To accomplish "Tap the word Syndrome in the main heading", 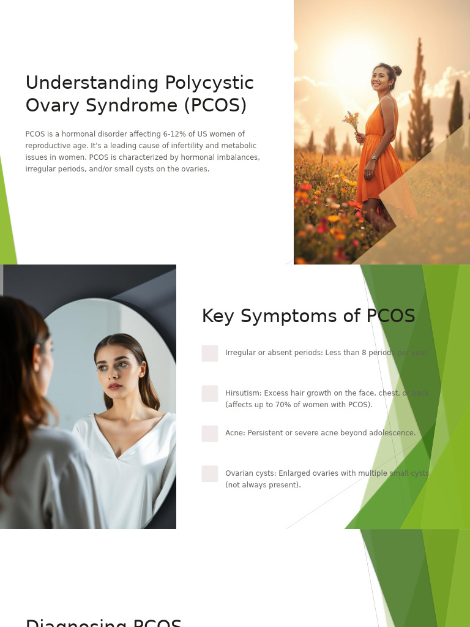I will (132, 105).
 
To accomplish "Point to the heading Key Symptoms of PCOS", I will (308, 316).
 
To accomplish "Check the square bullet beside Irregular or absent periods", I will (210, 353).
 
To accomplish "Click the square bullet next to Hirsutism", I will (210, 394).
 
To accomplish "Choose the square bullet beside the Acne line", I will (210, 434).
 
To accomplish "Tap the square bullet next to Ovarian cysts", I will (210, 474).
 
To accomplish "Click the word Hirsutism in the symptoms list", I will (243, 393).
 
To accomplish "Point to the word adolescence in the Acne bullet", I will (392, 433).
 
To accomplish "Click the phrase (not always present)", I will (263, 485).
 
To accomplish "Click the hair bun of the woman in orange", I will (397, 70).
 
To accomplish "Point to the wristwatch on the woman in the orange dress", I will (374, 157).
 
